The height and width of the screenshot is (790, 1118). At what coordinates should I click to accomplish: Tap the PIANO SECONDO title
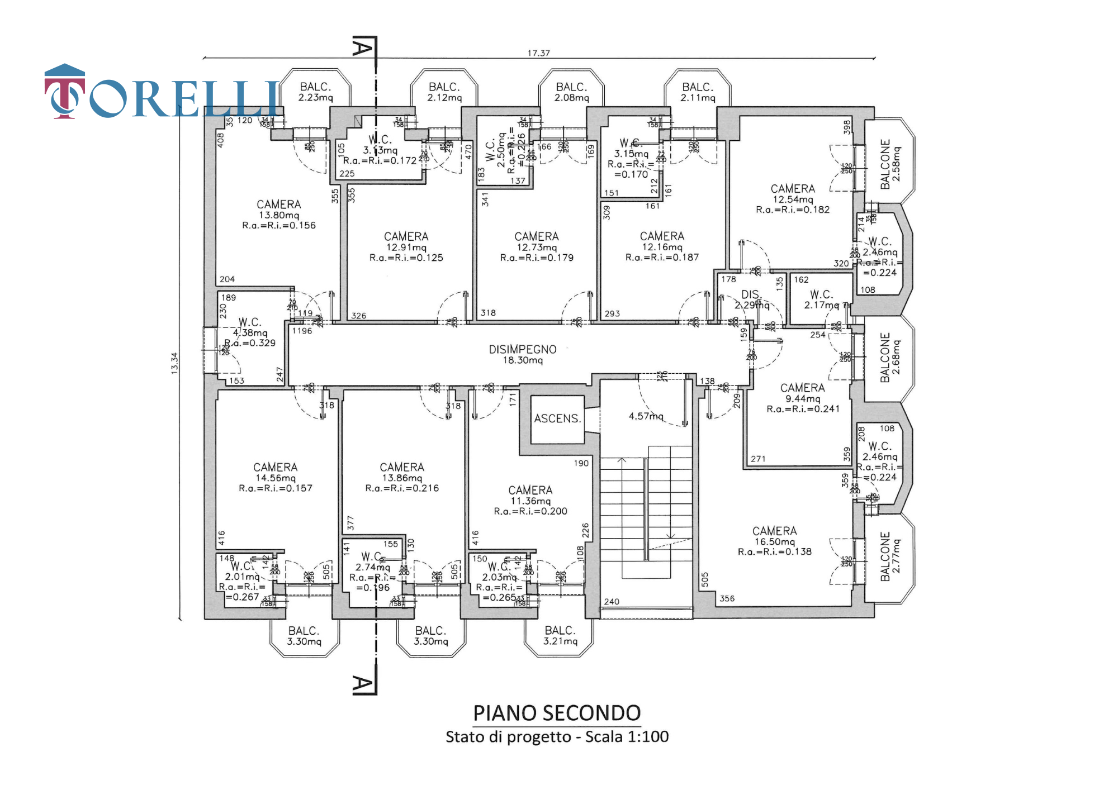tap(557, 713)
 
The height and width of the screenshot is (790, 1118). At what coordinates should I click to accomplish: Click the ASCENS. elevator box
tap(557, 418)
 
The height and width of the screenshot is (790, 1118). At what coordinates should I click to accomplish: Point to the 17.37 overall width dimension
tap(538, 53)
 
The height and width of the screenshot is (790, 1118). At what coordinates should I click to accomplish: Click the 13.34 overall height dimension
tap(174, 363)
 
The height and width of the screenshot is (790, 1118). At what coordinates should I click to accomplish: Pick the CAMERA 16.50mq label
tap(775, 536)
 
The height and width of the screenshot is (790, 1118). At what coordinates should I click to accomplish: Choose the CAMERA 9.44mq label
tap(803, 393)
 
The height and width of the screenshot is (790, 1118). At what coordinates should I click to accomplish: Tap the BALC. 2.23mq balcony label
tap(315, 92)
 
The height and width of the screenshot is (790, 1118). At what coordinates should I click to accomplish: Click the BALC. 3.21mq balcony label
tap(560, 636)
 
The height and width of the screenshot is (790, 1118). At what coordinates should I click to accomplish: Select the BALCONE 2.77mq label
tap(890, 556)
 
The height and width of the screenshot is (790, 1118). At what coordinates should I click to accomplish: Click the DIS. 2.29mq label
tap(751, 299)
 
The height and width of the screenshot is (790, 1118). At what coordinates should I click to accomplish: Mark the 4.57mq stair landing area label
tap(646, 416)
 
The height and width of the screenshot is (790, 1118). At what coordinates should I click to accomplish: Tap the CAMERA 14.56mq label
tap(275, 473)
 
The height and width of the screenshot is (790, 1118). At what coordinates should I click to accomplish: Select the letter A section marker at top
tap(362, 47)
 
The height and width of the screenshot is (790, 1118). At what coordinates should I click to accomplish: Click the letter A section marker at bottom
tap(362, 684)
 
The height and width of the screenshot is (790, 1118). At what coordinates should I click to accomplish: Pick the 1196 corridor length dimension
tap(302, 331)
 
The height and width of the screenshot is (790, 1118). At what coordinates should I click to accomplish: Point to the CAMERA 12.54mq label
tap(793, 194)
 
